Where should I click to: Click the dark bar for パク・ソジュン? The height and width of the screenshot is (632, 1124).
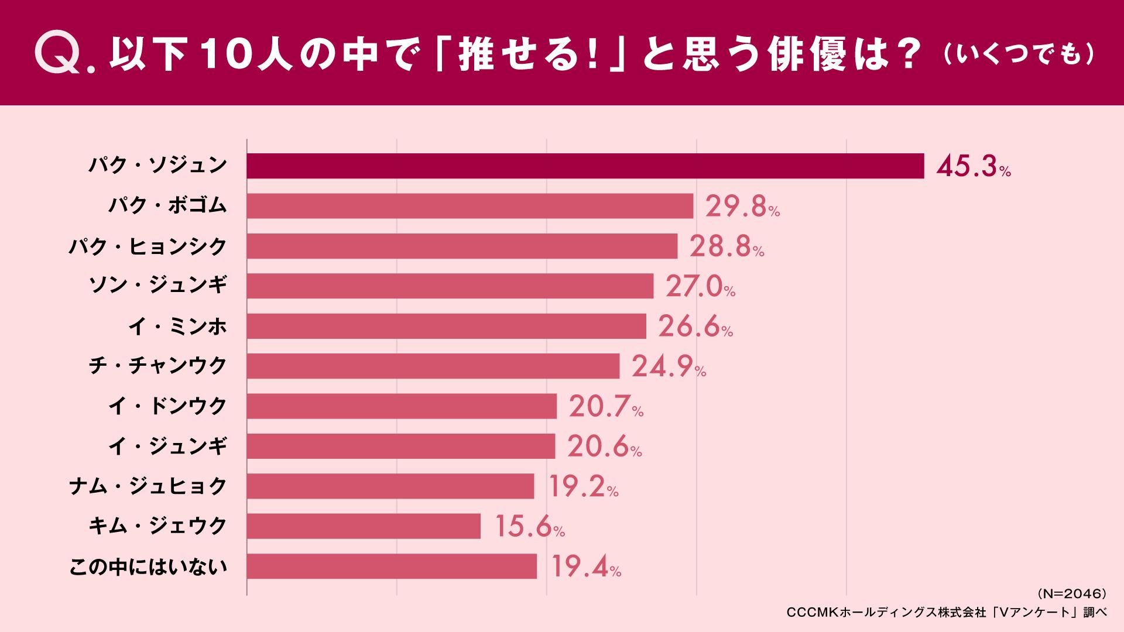point(585,166)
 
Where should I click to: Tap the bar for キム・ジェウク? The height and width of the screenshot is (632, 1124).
point(363,526)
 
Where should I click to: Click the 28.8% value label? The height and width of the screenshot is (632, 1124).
point(727,247)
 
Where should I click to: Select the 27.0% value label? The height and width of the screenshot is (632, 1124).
point(700,287)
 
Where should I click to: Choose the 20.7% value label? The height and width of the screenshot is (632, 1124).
point(606,407)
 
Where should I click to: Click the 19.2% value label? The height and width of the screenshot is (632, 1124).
point(583,487)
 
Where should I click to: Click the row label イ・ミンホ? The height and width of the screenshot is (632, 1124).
point(177,326)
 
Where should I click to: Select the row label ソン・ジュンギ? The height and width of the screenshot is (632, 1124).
point(157,286)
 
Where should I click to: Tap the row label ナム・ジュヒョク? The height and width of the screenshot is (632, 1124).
point(148,486)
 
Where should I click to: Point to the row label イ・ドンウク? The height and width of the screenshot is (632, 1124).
point(167,406)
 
